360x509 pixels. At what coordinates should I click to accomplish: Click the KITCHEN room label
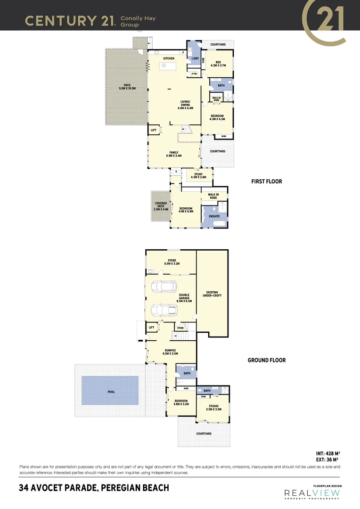(x=169, y=58)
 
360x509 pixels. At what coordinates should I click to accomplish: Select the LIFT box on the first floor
(x=154, y=130)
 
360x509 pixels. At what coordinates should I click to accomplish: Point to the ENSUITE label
(x=214, y=216)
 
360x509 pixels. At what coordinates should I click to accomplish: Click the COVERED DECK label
(x=160, y=206)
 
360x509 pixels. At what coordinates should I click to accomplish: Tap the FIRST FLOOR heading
(x=267, y=181)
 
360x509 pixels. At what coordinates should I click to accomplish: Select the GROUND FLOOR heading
(x=267, y=360)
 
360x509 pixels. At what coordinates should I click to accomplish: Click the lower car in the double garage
(x=164, y=310)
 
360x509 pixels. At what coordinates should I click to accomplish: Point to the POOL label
(x=111, y=392)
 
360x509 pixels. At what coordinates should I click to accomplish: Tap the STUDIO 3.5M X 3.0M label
(x=213, y=407)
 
